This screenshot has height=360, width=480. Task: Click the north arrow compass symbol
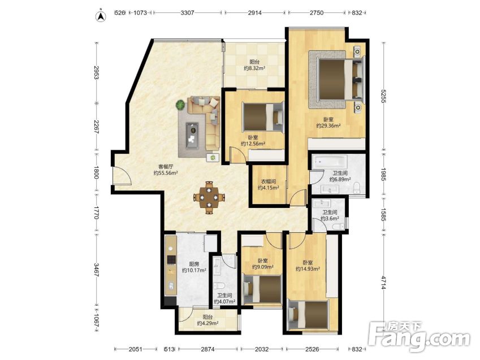101,16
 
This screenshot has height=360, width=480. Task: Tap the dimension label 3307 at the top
187,13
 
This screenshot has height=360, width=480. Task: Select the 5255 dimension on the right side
383,96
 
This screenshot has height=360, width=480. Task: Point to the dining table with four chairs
209,197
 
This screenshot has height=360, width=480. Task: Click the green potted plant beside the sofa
180,105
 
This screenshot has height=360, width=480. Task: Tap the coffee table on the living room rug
192,135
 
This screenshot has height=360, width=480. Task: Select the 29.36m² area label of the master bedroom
328,125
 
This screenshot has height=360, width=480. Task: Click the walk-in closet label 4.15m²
268,188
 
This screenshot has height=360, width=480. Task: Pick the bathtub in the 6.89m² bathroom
330,161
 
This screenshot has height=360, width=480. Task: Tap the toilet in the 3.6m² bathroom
338,227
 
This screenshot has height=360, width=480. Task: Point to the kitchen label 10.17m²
194,270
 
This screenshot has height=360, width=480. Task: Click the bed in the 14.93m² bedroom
309,315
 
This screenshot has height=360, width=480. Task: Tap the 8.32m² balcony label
254,68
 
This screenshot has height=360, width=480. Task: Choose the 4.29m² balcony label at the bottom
207,323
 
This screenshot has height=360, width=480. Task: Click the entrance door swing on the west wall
122,176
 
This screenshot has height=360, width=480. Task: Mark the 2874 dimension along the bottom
208,349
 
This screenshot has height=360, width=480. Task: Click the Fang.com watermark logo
419,336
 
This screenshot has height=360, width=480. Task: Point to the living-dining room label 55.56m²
166,173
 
